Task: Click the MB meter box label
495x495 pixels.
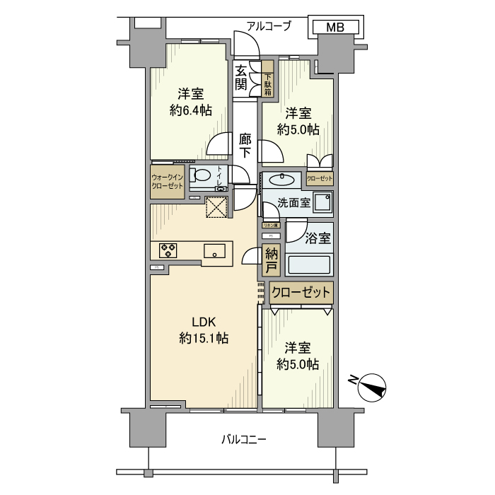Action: [x=337, y=28]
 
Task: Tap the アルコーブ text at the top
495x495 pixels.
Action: [x=269, y=26]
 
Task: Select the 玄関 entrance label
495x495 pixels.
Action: [x=241, y=78]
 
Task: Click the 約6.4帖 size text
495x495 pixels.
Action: [x=190, y=110]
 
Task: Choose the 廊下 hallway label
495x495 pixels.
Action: [x=245, y=145]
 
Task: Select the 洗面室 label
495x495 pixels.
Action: [x=293, y=202]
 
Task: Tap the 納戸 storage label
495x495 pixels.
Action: [x=270, y=261]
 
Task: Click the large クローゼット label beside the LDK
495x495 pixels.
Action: [x=301, y=292]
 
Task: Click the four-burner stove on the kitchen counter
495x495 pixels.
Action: [x=169, y=250]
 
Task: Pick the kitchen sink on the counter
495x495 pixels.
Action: [x=214, y=250]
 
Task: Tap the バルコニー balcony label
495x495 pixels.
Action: [x=243, y=439]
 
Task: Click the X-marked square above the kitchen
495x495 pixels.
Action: [x=215, y=206]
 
